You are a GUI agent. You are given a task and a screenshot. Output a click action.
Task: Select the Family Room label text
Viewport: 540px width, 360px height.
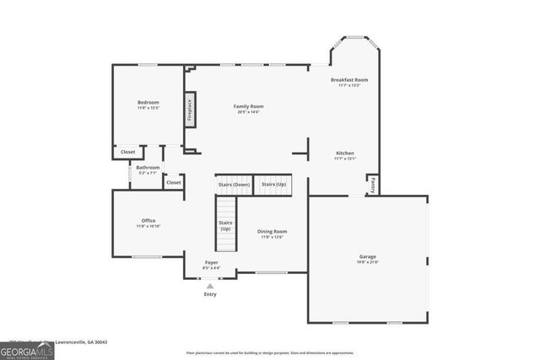point(248,106)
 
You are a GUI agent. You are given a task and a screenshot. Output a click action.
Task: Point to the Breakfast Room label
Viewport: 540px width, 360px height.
point(348,80)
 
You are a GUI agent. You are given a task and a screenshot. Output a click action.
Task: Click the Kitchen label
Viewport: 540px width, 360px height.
point(344,153)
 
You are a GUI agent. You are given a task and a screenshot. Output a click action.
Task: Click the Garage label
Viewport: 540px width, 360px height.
point(367,256)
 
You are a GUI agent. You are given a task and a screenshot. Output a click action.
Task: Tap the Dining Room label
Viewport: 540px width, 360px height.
point(272,231)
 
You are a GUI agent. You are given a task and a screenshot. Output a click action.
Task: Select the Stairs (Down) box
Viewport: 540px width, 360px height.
point(234,184)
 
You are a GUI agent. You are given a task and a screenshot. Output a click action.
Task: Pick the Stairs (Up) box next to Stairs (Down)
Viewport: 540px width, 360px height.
point(273,184)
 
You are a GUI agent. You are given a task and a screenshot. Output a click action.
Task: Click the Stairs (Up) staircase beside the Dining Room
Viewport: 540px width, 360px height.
point(225,223)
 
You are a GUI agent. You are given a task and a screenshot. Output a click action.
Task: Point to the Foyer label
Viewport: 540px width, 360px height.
point(211,263)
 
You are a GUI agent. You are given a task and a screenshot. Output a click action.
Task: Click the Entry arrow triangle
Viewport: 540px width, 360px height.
point(210,286)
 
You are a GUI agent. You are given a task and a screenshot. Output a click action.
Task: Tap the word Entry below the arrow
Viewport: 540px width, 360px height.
point(210,294)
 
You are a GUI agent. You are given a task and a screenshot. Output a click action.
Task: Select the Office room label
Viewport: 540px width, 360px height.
point(148,221)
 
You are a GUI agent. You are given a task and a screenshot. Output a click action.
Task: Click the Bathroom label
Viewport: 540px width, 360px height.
point(148,168)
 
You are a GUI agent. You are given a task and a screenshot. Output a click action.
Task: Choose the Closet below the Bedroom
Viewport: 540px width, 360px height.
point(127,152)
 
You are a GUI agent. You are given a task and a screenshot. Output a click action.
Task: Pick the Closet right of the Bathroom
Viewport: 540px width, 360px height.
point(173,182)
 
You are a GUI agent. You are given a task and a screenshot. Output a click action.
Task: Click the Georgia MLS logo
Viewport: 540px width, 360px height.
point(27,350)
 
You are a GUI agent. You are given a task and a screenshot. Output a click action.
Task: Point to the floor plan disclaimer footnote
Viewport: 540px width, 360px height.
point(269,352)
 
